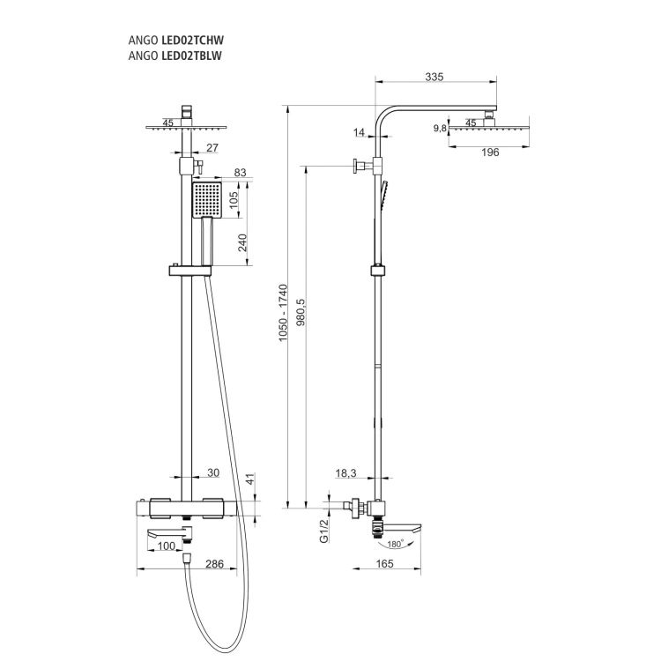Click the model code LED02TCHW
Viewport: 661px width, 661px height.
(193, 40)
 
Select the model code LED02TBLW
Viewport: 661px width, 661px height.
(192, 56)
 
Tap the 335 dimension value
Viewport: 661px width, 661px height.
(434, 77)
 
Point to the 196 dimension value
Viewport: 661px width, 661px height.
(490, 152)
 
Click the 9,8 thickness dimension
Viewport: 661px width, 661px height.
(440, 128)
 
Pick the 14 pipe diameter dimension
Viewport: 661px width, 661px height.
(359, 132)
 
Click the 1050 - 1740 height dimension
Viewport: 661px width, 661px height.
(283, 313)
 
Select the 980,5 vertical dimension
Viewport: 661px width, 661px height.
(301, 313)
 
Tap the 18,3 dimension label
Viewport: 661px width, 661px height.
(345, 473)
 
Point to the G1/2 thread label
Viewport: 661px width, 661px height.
(323, 531)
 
